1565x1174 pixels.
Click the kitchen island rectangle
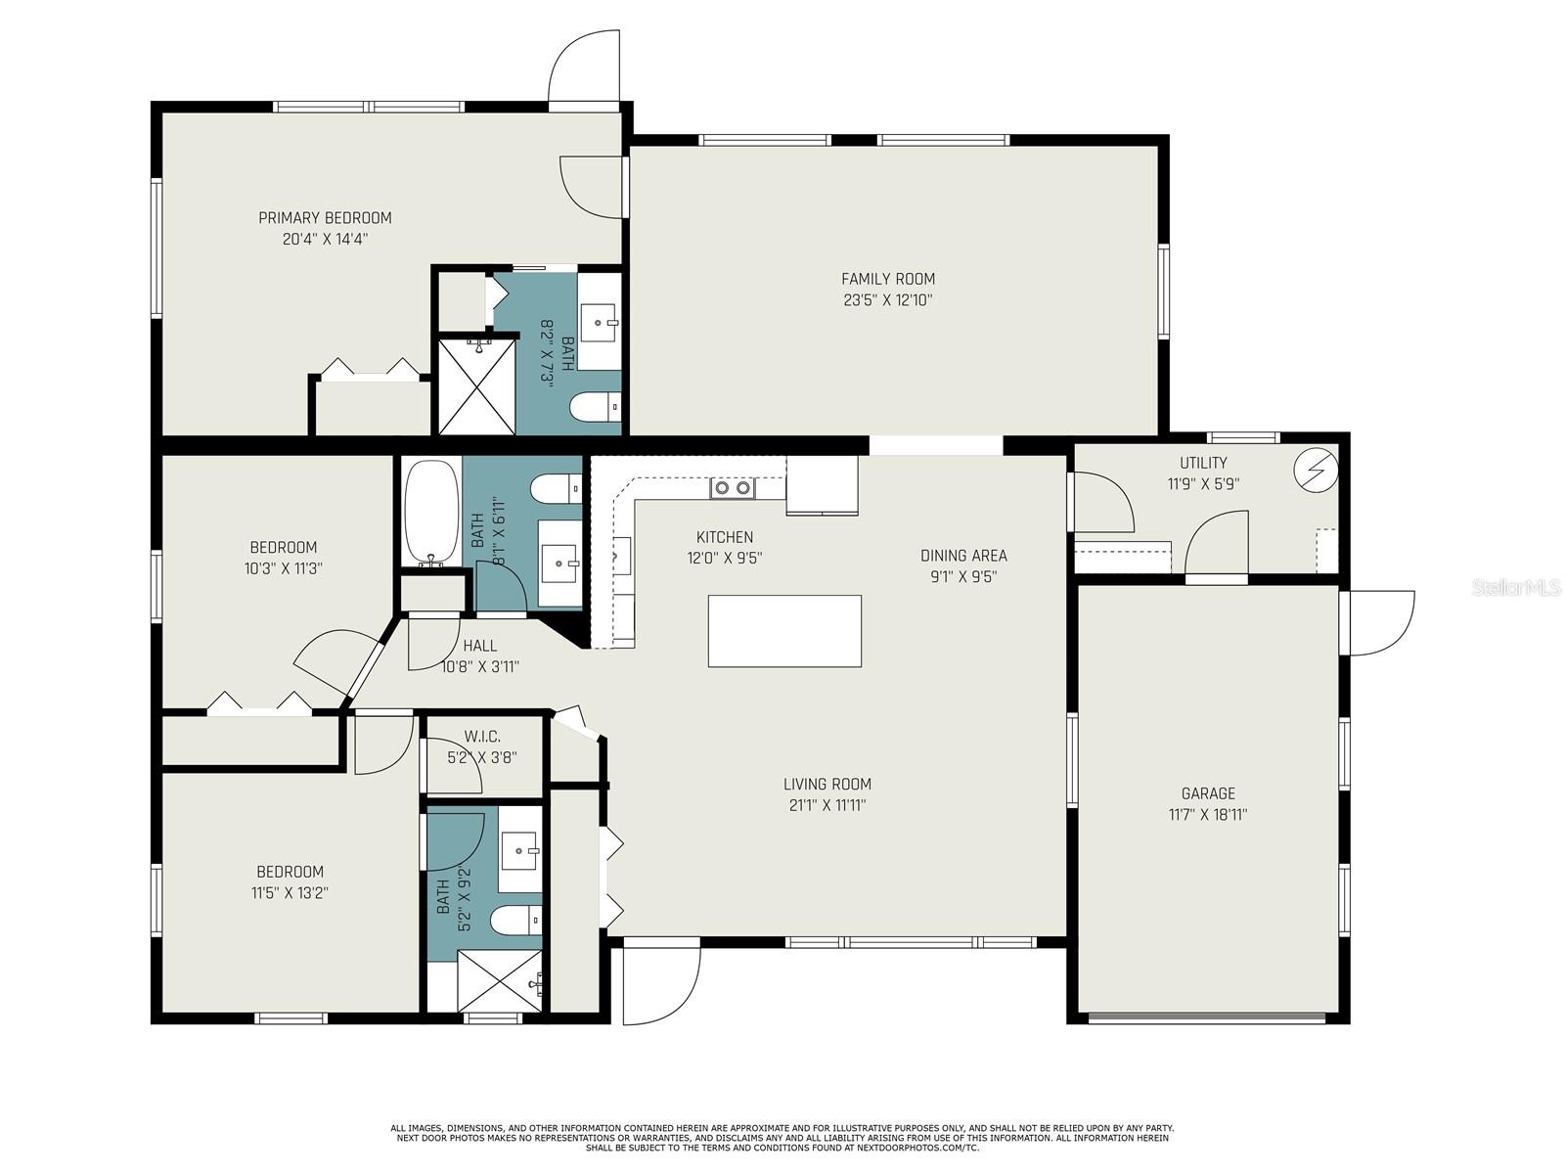pos(784,631)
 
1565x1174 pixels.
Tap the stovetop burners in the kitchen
pos(733,487)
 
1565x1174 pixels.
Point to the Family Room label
pos(888,279)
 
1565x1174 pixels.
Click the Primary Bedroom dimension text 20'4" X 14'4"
pos(325,239)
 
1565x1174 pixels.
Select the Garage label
pos(1208,793)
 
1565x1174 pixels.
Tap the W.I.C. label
pos(482,737)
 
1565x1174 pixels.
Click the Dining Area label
pos(963,556)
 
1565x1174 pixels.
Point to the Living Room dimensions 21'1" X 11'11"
pos(827,805)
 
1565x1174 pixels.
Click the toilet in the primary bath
pos(596,407)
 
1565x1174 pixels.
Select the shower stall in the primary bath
pos(475,386)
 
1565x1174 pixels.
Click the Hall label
pos(480,646)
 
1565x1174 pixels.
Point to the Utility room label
pos(1203,463)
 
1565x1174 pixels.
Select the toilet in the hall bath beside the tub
pos(557,488)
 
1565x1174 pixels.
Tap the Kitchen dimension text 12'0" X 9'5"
pos(725,558)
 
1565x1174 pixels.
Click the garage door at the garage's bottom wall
pos(1207,1017)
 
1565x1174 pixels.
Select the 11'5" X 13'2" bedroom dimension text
pos(290,893)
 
